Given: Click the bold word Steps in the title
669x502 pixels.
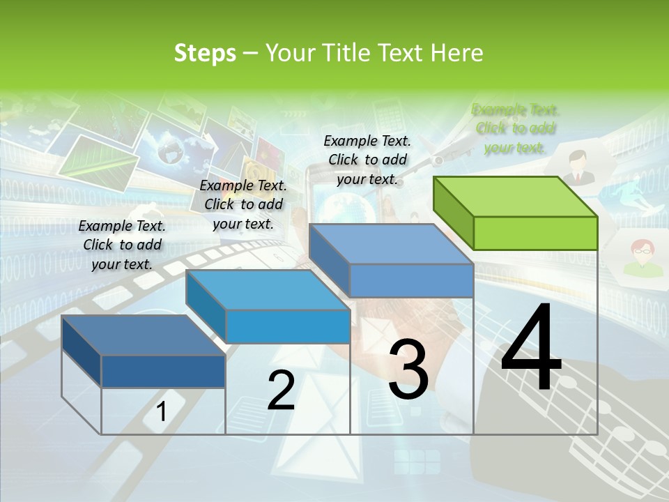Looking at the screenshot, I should (205, 53).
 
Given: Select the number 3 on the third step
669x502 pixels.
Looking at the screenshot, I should (408, 369).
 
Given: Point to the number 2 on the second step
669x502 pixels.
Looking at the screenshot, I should (281, 390).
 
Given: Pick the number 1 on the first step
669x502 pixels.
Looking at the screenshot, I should (161, 411).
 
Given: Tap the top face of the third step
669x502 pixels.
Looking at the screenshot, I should (390, 244).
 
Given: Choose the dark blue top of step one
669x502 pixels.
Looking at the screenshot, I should (143, 335).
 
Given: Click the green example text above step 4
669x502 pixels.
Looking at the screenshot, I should (516, 128).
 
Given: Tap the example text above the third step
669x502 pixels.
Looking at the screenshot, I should (367, 160).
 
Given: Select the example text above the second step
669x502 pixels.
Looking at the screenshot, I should (243, 204).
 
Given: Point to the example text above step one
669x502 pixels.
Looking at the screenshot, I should (122, 245).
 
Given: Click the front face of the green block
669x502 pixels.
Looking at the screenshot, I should (535, 233).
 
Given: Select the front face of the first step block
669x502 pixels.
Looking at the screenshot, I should (163, 371).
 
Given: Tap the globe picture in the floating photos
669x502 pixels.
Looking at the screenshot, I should (169, 149).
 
